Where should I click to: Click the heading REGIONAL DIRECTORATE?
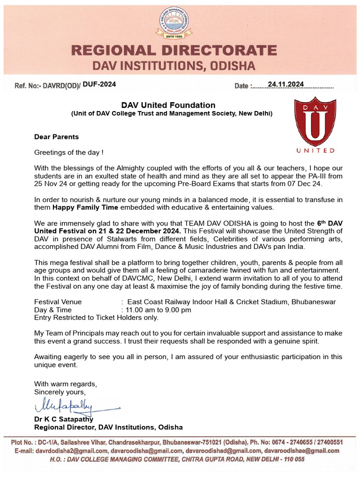click(x=180, y=51)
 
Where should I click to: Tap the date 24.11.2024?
click(x=285, y=84)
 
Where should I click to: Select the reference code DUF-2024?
click(x=99, y=84)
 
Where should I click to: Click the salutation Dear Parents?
click(x=56, y=137)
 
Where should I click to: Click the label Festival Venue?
click(x=58, y=302)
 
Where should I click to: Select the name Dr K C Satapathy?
click(x=64, y=419)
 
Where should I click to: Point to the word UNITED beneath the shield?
click(x=315, y=150)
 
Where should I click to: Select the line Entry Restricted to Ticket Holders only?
click(x=96, y=318)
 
